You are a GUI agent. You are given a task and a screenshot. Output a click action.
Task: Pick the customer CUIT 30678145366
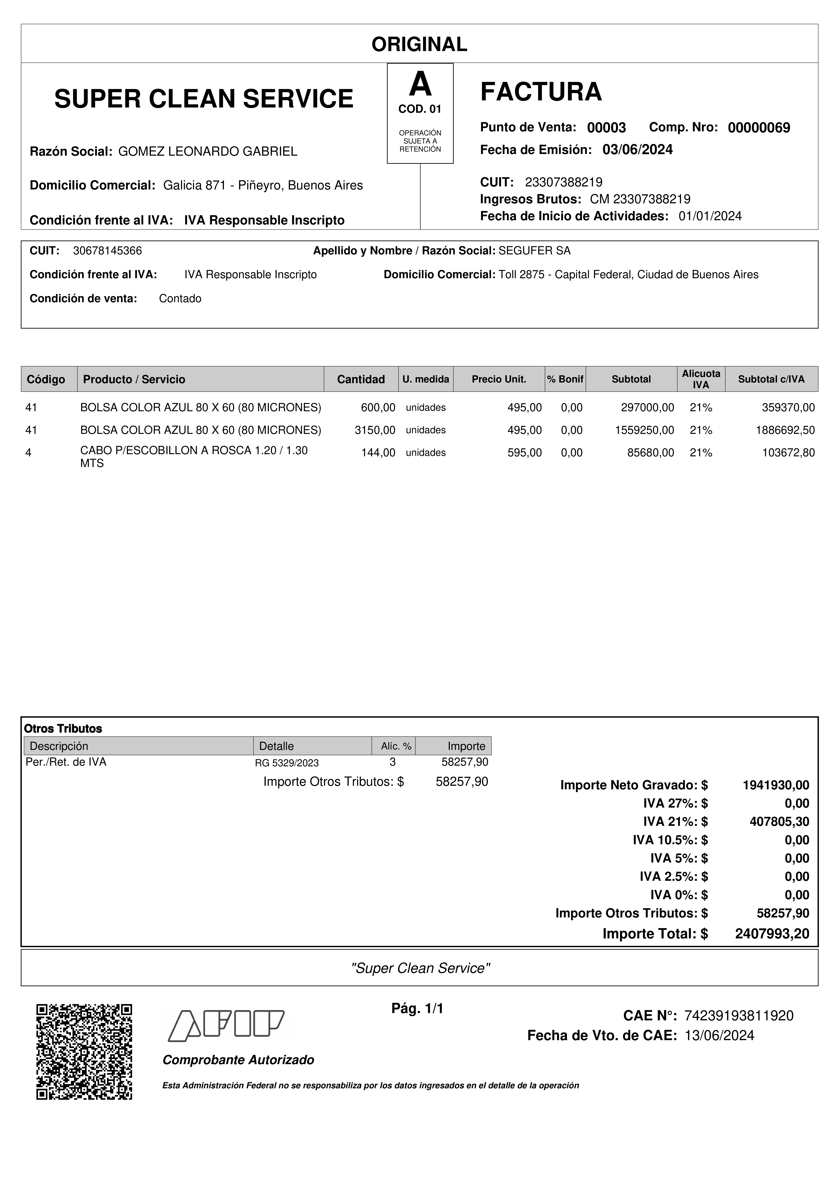107,251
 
